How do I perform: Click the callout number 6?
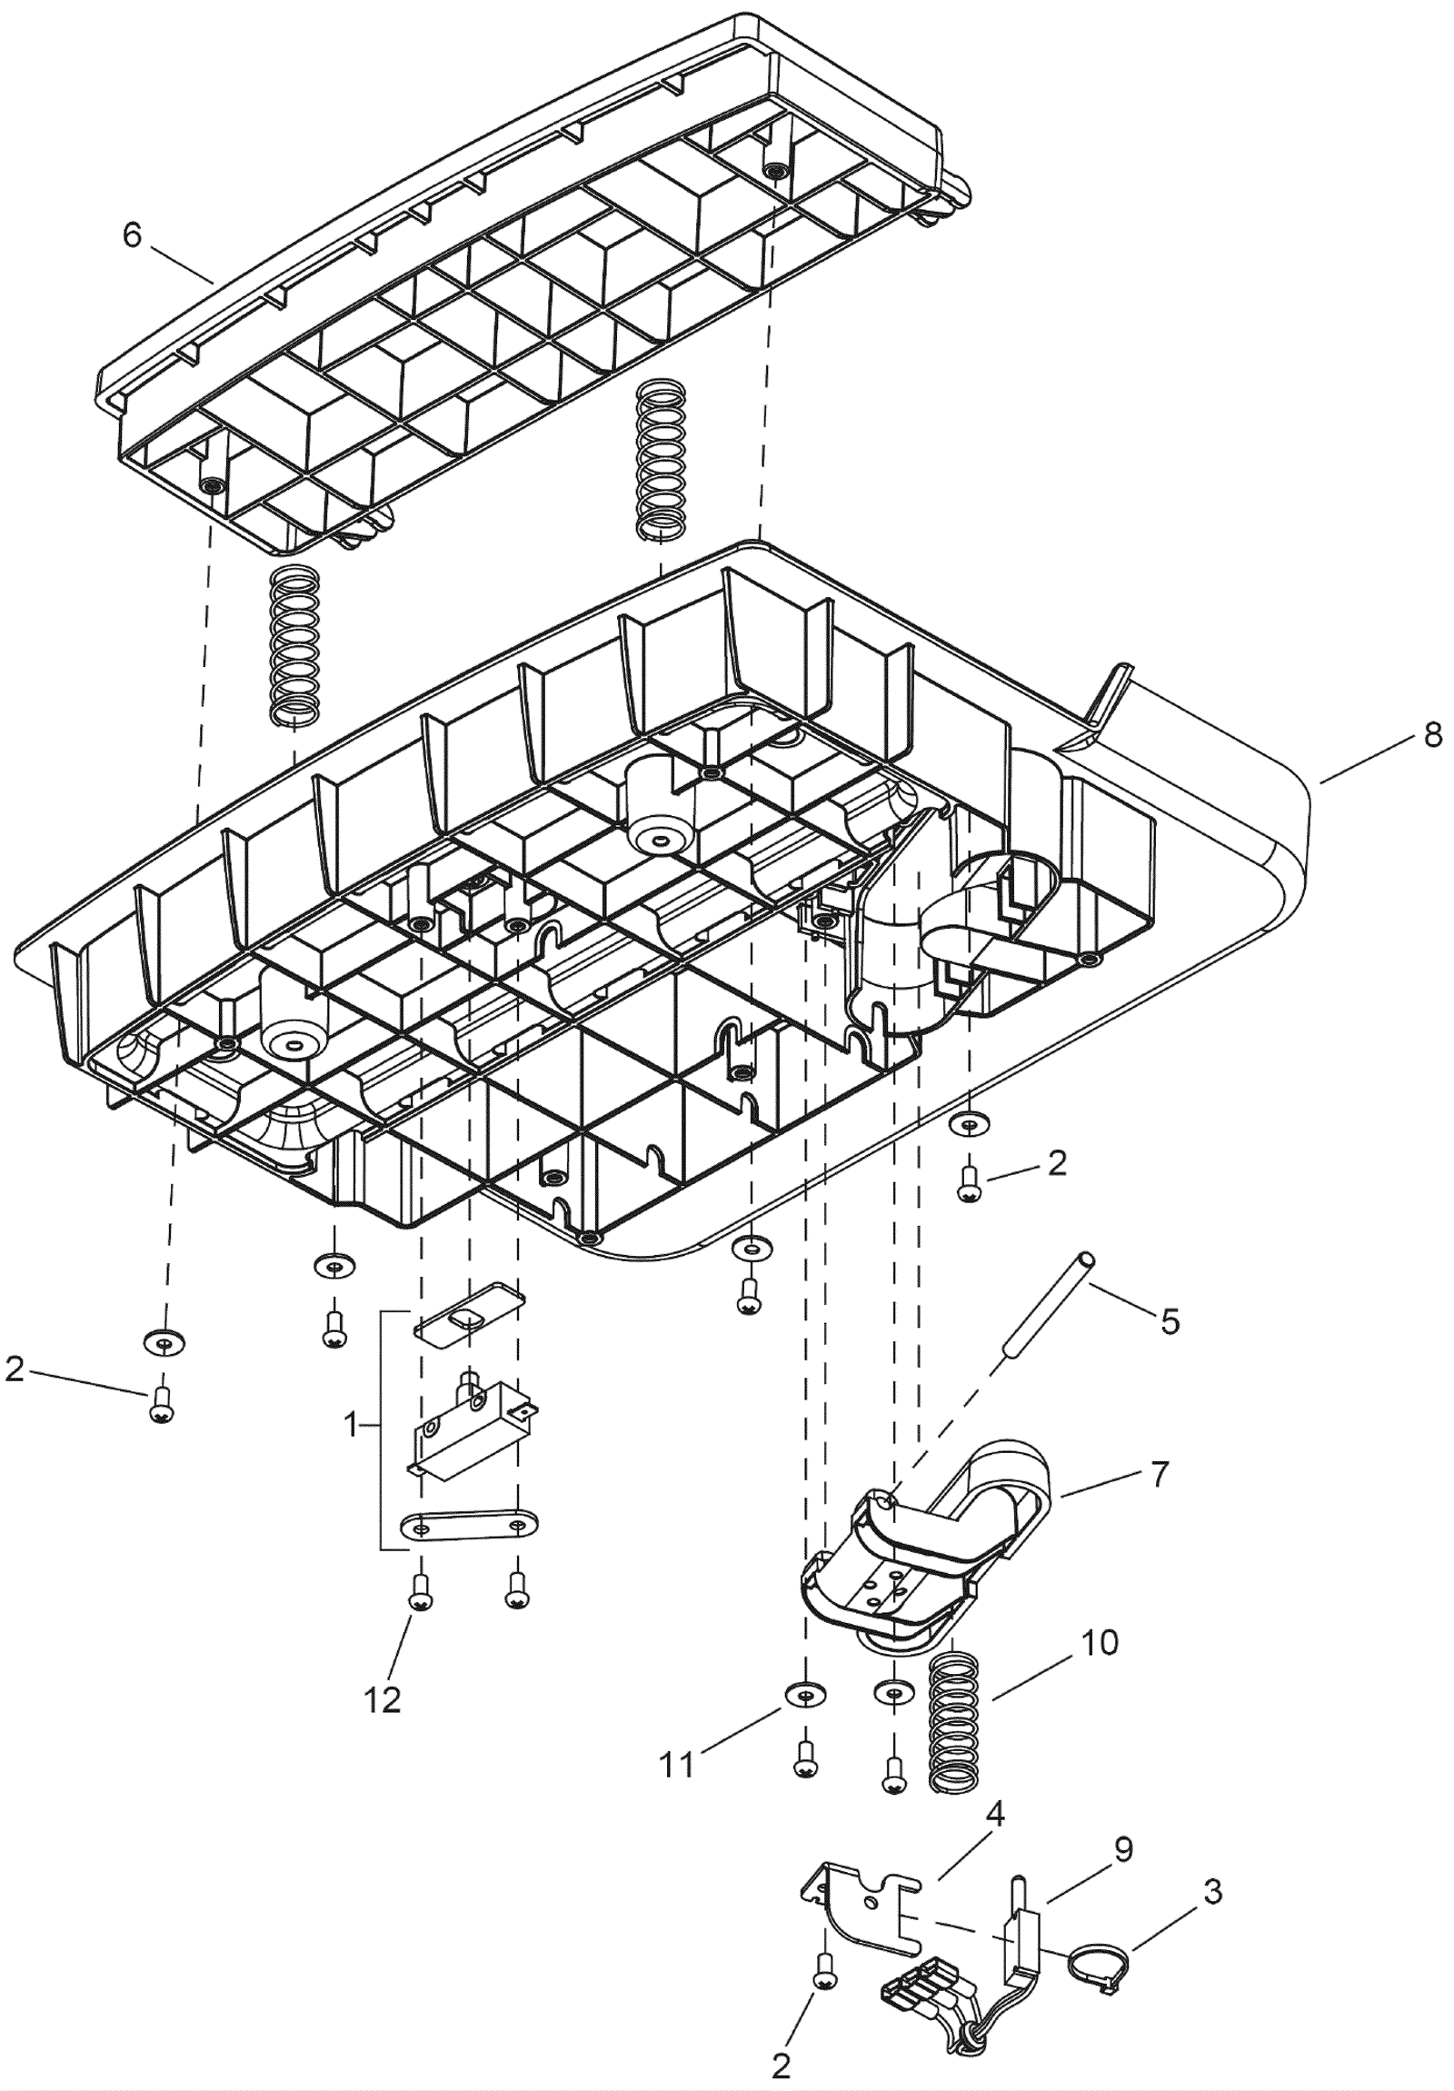[x=132, y=236]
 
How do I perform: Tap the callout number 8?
[x=1432, y=735]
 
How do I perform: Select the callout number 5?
[x=1170, y=1320]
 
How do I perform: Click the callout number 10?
[x=1100, y=1644]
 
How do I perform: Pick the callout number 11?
[x=676, y=1765]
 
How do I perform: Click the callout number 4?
[x=995, y=1815]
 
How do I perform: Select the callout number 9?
[x=1122, y=1849]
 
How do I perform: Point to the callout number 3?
[x=1212, y=1894]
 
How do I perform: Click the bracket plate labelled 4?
[x=861, y=1900]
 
